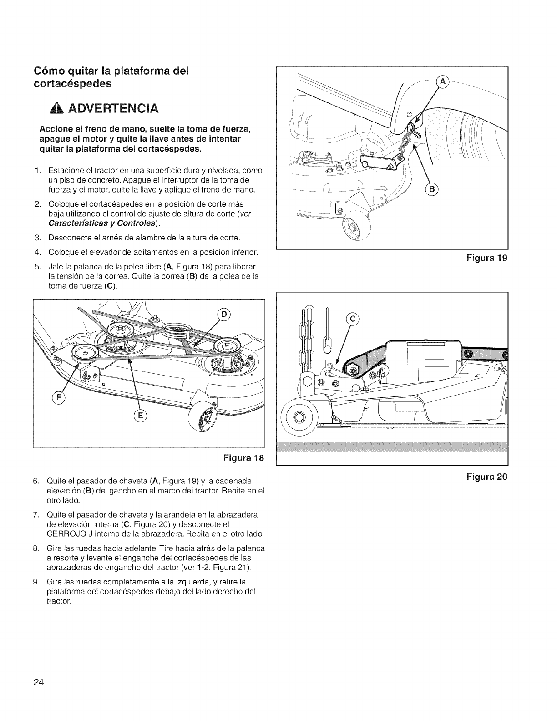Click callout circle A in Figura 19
tap(441, 81)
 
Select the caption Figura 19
tap(486, 258)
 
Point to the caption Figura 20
tap(486, 477)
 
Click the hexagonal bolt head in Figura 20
tap(307, 381)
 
